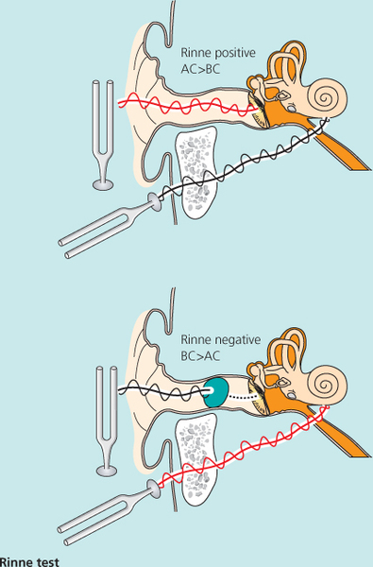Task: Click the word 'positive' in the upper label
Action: (235, 54)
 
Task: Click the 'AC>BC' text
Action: (200, 69)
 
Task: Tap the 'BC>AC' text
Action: (200, 356)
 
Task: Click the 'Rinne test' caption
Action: (29, 562)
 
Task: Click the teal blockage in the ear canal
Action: (216, 392)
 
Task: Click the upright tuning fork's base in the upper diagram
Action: (103, 185)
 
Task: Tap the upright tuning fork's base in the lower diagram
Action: (107, 472)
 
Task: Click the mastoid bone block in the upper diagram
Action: (196, 172)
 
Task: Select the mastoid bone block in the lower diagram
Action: (196, 460)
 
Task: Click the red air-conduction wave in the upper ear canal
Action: (189, 103)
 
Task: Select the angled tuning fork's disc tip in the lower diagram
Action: (154, 489)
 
